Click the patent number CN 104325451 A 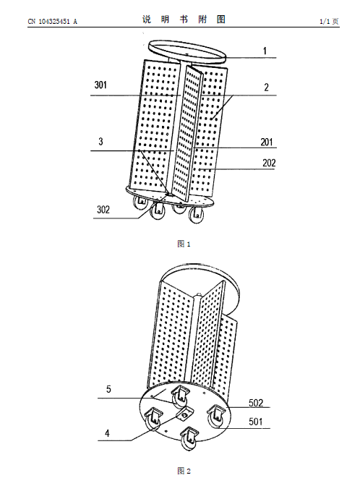tap(53, 22)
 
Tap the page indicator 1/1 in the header tap(325, 22)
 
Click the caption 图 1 tap(184, 244)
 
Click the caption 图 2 tap(184, 471)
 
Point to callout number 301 tap(100, 85)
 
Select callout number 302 tap(103, 210)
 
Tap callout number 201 tap(267, 142)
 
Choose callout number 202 tap(269, 163)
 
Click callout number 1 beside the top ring tap(265, 51)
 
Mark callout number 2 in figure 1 tap(267, 88)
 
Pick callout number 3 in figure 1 tap(100, 141)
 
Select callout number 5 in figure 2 tap(108, 389)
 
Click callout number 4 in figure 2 tap(108, 433)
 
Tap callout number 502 tap(256, 403)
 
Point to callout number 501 tap(256, 422)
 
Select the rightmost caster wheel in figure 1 tap(196, 215)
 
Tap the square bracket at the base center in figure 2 tap(184, 414)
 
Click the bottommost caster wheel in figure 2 tap(189, 439)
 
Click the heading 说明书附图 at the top tap(184, 20)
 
